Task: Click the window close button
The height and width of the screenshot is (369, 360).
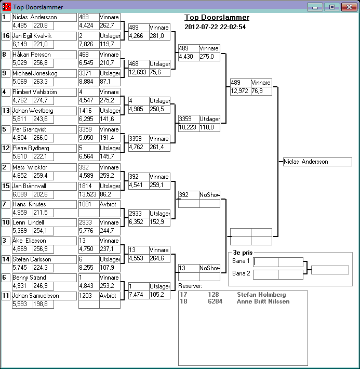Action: click(348, 7)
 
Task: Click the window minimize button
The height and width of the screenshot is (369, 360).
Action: click(314, 7)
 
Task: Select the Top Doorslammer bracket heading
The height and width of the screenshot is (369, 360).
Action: click(217, 17)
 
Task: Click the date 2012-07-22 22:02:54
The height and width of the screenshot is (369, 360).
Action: click(215, 27)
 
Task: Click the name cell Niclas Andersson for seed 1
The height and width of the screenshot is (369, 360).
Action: click(44, 17)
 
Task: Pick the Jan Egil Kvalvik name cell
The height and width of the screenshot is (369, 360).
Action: click(44, 36)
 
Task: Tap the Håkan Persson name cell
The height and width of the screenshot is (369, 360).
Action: click(44, 55)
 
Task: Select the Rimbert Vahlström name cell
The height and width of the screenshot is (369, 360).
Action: click(44, 92)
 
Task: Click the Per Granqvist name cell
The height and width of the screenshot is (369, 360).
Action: click(44, 129)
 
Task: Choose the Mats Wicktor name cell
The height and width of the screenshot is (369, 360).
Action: click(44, 167)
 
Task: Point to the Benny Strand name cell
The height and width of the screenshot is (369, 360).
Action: click(44, 278)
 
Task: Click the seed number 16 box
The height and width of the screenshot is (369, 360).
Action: click(6, 36)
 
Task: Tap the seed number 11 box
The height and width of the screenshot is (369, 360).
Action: click(6, 296)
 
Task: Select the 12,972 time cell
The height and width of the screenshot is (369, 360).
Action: click(240, 91)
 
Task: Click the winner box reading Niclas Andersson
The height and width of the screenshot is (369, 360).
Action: click(317, 162)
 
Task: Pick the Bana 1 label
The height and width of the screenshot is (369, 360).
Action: click(241, 261)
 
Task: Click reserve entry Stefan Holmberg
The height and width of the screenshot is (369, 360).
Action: click(261, 295)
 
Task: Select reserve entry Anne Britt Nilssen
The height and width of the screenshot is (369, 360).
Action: click(263, 301)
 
